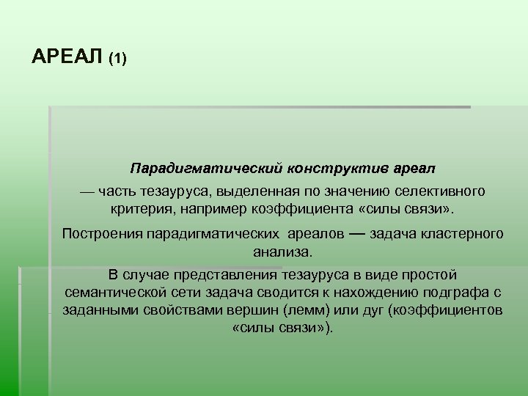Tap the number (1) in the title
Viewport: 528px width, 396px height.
coord(117,59)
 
